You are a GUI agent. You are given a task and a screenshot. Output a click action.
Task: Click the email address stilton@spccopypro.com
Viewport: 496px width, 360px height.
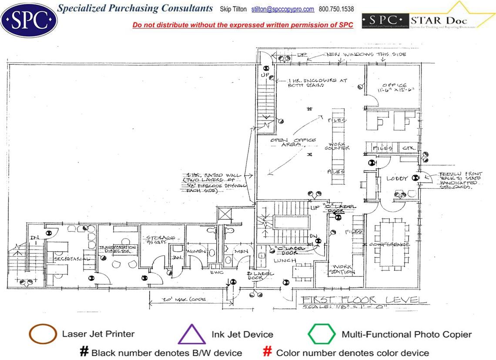(283, 9)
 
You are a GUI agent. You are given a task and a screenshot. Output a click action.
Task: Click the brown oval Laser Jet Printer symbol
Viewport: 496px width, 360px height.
(43, 334)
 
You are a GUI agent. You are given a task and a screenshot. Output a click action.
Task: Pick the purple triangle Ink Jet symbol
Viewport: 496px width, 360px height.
(191, 335)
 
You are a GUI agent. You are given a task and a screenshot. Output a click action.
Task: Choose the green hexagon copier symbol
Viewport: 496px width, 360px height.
(322, 334)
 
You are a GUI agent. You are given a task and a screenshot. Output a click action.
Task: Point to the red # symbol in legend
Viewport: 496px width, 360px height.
(268, 352)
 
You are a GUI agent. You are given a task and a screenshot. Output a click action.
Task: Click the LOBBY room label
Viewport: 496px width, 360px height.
(397, 178)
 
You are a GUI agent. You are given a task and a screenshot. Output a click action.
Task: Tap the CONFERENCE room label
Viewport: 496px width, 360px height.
(389, 244)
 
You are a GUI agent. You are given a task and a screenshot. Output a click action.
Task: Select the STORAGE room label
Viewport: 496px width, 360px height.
(160, 238)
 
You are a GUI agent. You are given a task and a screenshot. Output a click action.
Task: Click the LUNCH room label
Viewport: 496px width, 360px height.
(282, 260)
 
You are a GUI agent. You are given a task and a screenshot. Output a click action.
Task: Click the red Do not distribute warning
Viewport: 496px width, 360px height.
(243, 25)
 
